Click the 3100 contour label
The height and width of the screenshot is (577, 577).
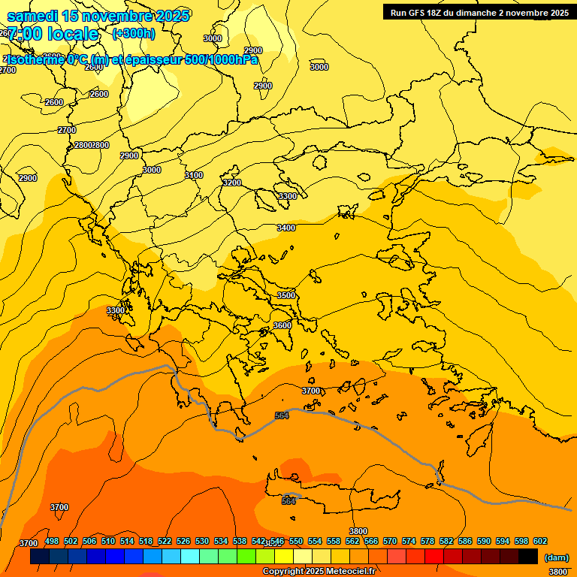194,175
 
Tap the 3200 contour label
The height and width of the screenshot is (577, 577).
232,183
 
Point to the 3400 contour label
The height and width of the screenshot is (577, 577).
286,228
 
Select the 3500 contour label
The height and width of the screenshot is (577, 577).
286,295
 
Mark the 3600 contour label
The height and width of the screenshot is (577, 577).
282,325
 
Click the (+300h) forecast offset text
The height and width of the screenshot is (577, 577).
134,33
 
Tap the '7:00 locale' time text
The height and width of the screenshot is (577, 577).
53,34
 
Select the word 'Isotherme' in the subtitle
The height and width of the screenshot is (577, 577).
35,60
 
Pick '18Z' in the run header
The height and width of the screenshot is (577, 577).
437,12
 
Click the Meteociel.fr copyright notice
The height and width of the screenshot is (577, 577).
319,572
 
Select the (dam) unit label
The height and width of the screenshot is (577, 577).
556,557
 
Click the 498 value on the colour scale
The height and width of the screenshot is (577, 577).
52,541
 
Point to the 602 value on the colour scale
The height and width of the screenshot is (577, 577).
540,541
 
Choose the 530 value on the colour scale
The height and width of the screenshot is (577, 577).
202,541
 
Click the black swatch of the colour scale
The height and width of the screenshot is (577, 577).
528,557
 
